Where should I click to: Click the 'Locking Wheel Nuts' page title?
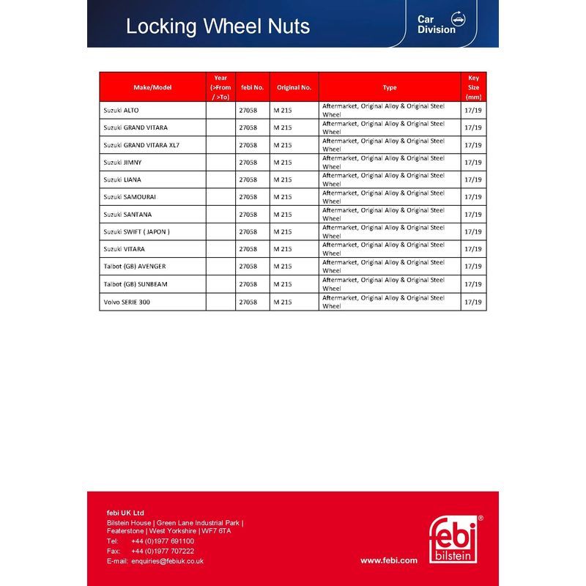[x=218, y=26]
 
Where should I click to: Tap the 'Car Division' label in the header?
[x=437, y=24]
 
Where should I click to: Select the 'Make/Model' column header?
[x=152, y=87]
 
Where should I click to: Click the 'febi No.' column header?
[x=252, y=87]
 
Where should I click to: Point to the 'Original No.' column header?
[x=294, y=87]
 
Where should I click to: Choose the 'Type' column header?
[x=390, y=87]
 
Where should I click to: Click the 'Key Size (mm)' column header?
[x=473, y=87]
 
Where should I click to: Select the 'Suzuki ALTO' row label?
[x=121, y=110]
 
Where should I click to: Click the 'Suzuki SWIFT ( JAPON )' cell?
[x=136, y=231]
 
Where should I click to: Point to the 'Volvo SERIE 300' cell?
[x=127, y=302]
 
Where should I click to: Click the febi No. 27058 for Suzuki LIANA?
[x=248, y=179]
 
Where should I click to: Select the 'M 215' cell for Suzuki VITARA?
[x=282, y=249]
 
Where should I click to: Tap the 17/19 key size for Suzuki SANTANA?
[x=473, y=215]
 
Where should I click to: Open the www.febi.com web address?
[x=388, y=560]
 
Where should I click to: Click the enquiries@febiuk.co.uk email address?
[x=167, y=561]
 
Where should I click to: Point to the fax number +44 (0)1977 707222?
[x=163, y=551]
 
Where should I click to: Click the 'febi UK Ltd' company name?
[x=125, y=513]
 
